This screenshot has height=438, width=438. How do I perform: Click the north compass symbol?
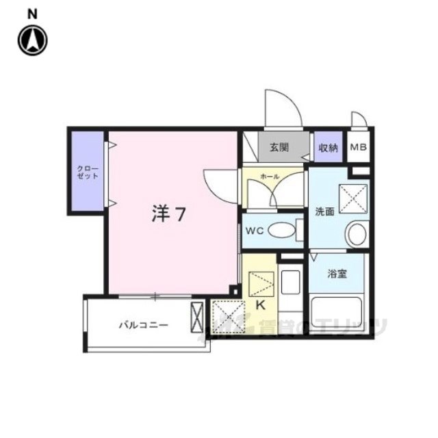tap(33, 40)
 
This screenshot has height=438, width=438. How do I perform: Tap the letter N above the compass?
tap(33, 13)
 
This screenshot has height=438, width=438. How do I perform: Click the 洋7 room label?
tap(168, 214)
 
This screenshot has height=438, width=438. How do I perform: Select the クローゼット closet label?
tap(87, 171)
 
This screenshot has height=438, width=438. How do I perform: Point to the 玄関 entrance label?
tap(279, 147)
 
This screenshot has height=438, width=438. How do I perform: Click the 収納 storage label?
tap(327, 147)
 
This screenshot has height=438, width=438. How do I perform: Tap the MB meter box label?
tap(358, 147)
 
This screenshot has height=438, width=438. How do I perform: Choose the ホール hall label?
tap(270, 177)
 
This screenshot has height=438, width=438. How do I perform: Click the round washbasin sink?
tap(357, 235)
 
